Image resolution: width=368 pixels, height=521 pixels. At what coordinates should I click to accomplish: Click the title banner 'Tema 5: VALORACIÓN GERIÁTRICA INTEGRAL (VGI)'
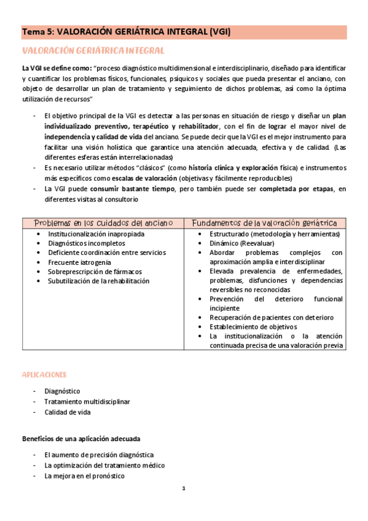tap(126, 32)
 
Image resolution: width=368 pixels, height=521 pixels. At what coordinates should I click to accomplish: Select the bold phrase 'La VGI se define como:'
tap(57, 68)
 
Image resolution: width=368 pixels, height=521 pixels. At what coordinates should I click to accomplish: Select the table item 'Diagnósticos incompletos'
tap(86, 244)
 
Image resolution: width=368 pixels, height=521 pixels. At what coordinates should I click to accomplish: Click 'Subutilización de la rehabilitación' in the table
tap(98, 281)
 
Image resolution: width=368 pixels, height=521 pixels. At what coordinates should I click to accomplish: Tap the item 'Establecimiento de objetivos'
tap(253, 327)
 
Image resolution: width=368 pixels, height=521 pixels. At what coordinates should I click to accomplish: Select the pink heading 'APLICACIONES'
tap(44, 375)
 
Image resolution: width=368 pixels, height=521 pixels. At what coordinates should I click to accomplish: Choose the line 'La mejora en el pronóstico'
tap(84, 476)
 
